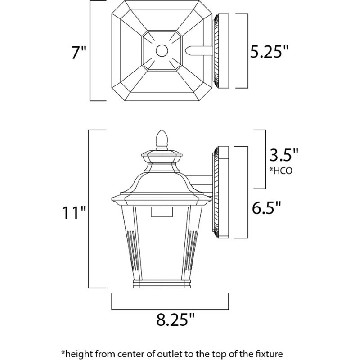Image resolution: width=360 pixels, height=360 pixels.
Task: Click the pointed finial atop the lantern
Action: [161, 138]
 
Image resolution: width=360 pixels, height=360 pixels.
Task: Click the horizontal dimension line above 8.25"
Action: [170, 309]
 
